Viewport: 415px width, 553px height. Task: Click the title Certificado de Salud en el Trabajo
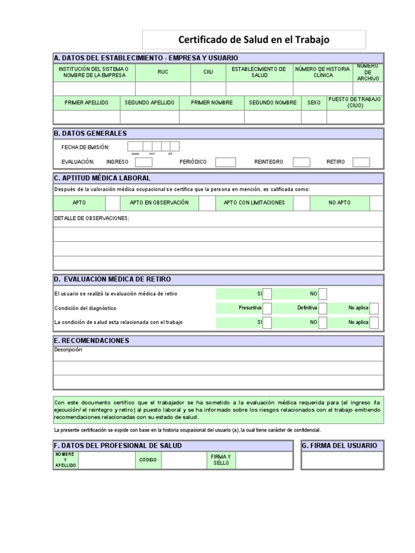click(253, 40)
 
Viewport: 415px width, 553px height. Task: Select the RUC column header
click(163, 72)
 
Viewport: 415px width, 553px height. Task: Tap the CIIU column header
click(208, 72)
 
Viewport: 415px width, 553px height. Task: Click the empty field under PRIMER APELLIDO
click(86, 117)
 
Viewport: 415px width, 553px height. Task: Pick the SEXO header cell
click(314, 103)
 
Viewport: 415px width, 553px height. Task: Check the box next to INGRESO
click(144, 162)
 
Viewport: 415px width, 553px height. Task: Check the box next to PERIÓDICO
click(225, 162)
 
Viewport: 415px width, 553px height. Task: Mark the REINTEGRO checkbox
click(302, 162)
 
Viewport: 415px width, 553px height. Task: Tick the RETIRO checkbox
click(361, 162)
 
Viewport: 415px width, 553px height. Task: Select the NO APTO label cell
click(340, 203)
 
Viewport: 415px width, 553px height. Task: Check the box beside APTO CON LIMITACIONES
click(302, 203)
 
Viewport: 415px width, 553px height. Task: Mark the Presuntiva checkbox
click(267, 308)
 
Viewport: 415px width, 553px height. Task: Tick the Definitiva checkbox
click(323, 308)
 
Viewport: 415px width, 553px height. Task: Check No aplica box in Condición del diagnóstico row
click(374, 308)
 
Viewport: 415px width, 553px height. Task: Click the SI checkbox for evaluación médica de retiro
click(267, 293)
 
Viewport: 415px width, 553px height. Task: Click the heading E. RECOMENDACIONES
click(92, 341)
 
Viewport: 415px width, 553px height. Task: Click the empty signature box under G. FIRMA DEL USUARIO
click(343, 461)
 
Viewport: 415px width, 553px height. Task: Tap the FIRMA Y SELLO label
click(221, 460)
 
